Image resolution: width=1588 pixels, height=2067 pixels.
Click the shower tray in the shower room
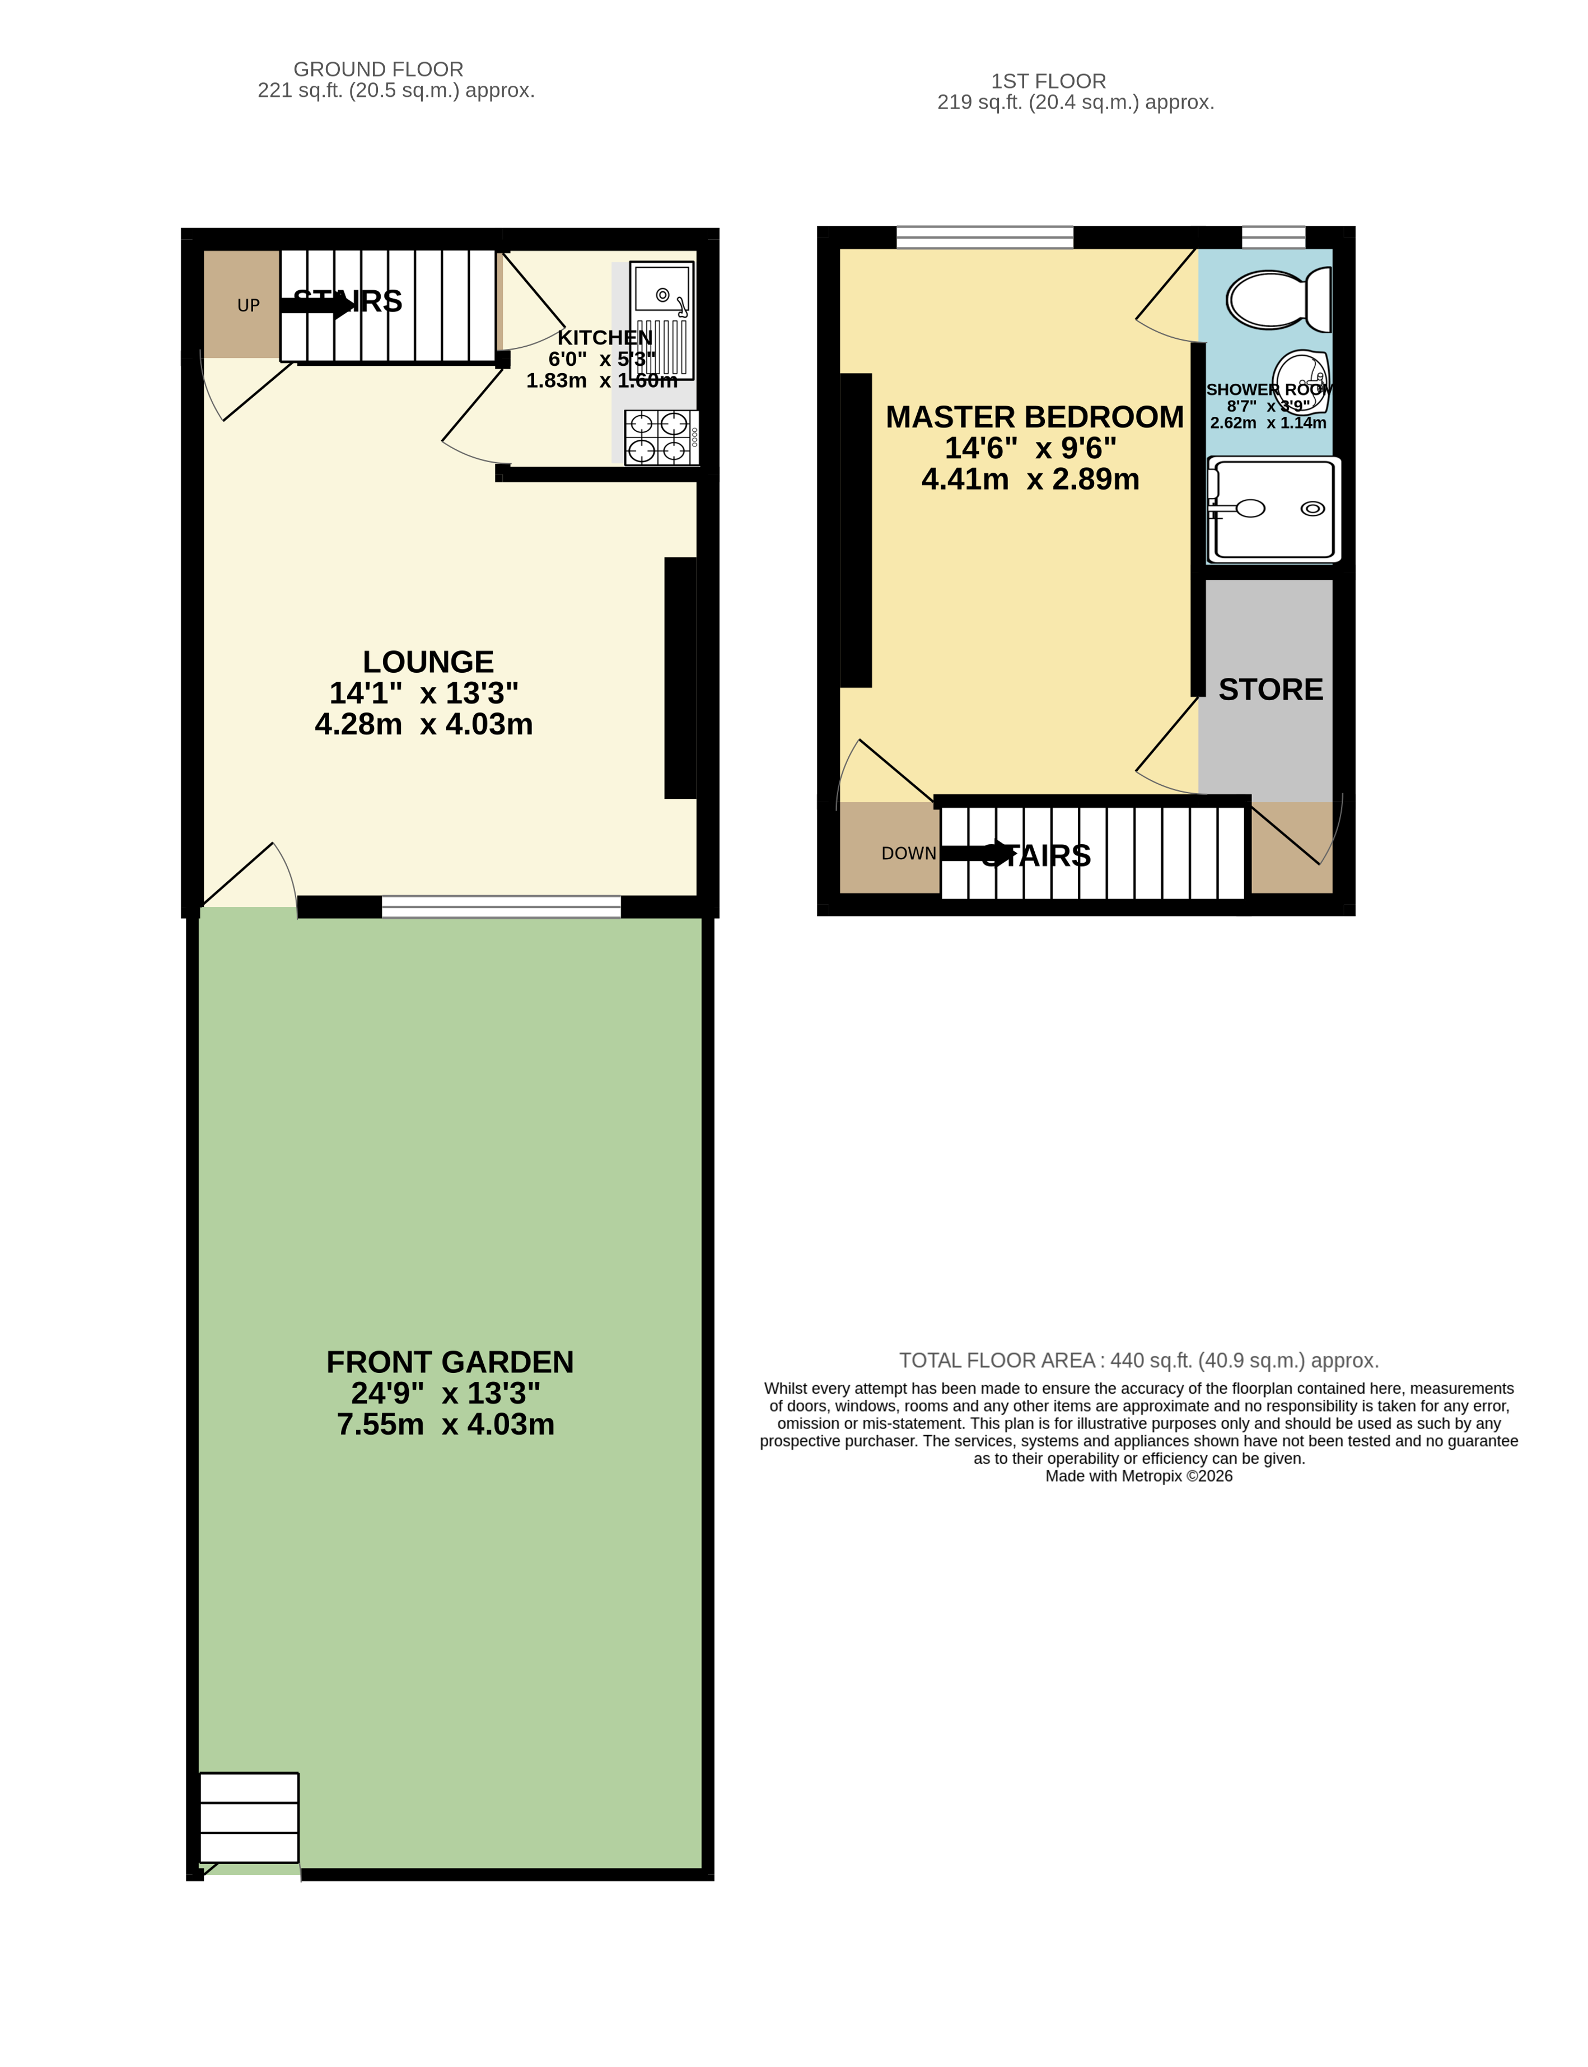[x=1273, y=509]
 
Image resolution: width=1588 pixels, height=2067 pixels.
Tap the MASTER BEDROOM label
[x=1034, y=417]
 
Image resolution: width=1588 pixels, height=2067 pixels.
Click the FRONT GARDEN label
[x=450, y=1362]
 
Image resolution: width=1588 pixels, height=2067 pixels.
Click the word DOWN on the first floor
[x=908, y=853]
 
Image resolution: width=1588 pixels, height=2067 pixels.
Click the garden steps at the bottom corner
[x=249, y=1817]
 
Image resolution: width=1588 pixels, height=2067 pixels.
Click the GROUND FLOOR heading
[x=378, y=69]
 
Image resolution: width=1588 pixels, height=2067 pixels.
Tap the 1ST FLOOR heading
[x=1048, y=81]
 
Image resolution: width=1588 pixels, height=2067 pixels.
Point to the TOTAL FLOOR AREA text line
[x=1138, y=1360]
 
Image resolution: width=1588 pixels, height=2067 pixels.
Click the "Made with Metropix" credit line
[x=1138, y=1476]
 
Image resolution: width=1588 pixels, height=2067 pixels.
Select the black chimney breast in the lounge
[x=680, y=678]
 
